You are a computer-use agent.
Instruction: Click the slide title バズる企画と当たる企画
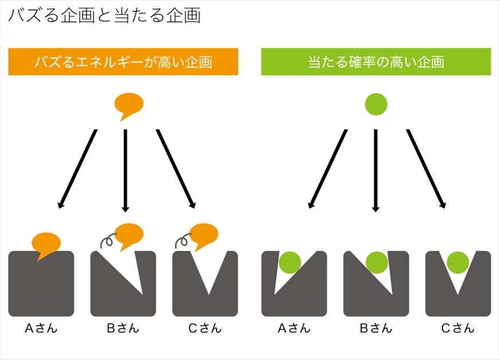click(104, 15)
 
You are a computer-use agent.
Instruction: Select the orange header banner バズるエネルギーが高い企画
click(123, 62)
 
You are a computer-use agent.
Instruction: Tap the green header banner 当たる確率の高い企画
click(376, 62)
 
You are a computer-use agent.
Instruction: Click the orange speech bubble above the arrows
click(128, 104)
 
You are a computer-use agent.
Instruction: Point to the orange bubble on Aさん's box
click(46, 243)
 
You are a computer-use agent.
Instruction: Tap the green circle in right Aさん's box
click(290, 263)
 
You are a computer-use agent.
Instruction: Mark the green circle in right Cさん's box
click(458, 263)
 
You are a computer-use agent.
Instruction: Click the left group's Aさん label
click(41, 328)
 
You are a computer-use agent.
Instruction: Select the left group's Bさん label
click(123, 328)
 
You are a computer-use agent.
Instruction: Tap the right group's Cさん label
click(458, 328)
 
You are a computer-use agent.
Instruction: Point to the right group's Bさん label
click(376, 328)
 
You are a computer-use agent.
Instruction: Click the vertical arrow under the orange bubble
click(126, 169)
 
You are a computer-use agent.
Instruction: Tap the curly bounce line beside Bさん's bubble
click(108, 241)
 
